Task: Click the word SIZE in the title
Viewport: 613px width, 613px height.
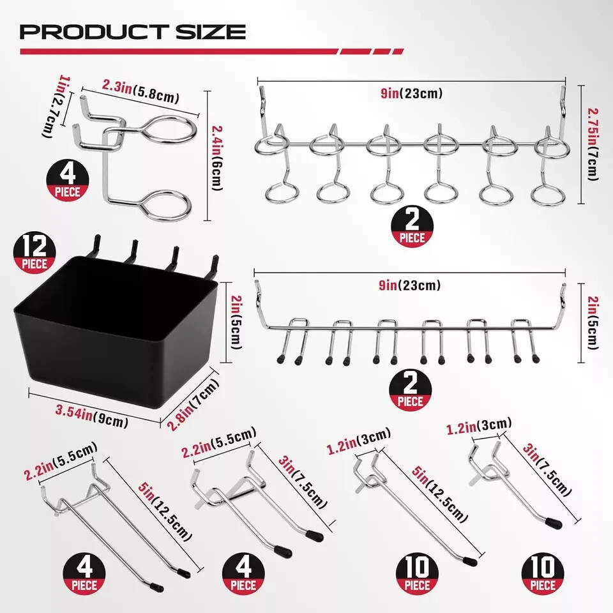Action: pyautogui.click(x=212, y=32)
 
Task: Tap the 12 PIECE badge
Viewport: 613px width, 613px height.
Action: pyautogui.click(x=33, y=254)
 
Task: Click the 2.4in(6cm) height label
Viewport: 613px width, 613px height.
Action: pyautogui.click(x=216, y=155)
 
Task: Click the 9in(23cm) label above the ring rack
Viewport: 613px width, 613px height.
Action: pyautogui.click(x=411, y=94)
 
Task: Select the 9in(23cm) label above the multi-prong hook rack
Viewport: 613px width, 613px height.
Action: pyautogui.click(x=410, y=285)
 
